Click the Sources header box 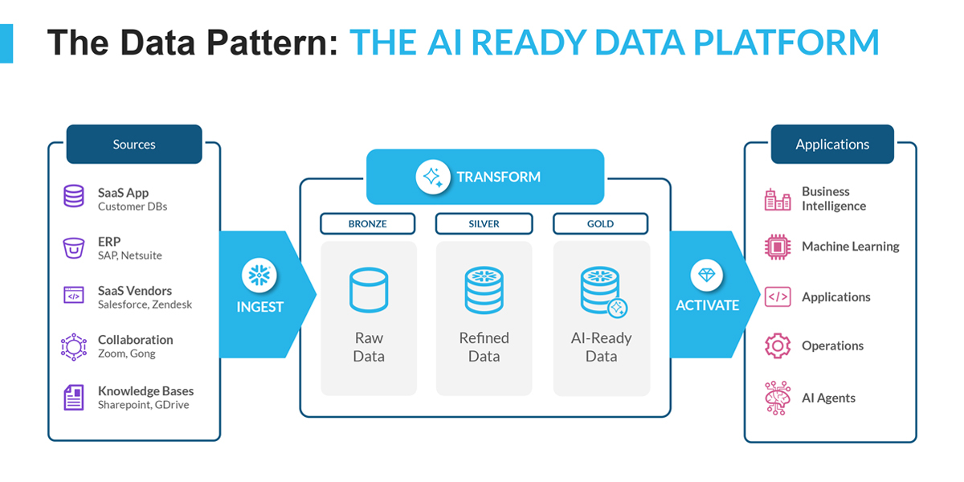point(134,145)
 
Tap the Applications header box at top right point(832,145)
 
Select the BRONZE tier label point(368,223)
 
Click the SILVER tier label point(484,223)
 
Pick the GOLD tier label point(600,223)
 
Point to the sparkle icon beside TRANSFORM point(433,177)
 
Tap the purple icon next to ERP point(74,247)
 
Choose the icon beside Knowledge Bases point(74,398)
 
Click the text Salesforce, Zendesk point(145,304)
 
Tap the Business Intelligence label point(834,198)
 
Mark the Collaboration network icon point(74,346)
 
